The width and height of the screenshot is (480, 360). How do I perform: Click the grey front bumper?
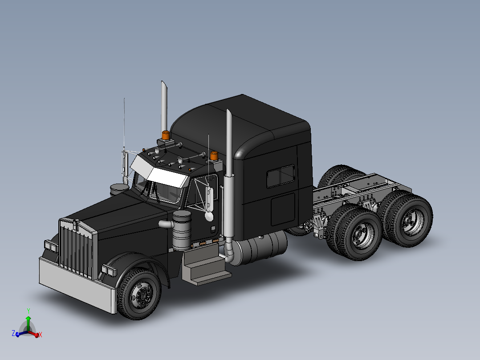(76, 285)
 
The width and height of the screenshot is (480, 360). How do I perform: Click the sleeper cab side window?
(280, 176)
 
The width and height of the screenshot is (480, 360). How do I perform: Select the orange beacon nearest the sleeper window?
(214, 156)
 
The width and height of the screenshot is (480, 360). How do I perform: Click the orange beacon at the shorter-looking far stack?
(166, 135)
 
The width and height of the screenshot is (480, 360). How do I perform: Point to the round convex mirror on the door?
(208, 216)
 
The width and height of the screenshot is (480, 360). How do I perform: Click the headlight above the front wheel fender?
(109, 270)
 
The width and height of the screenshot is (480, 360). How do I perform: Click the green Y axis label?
(28, 311)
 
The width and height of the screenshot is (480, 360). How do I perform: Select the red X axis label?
(40, 335)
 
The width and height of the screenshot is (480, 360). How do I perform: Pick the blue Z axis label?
(13, 333)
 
